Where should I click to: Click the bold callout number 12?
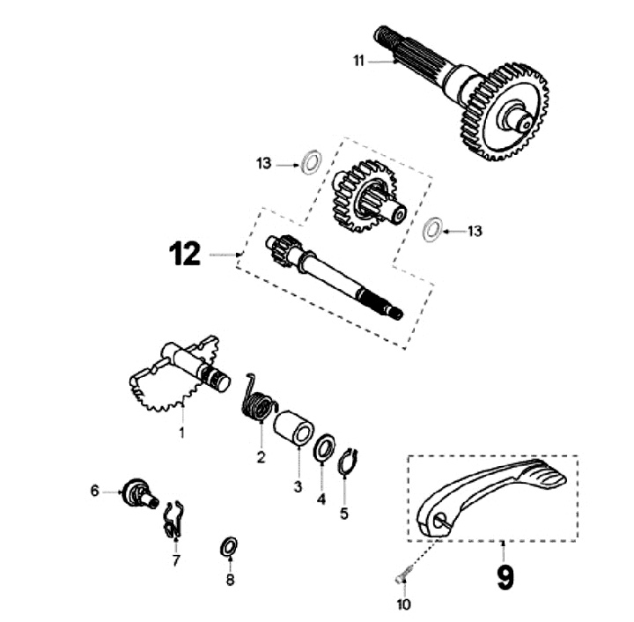pyautogui.click(x=186, y=255)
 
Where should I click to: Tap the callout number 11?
pyautogui.click(x=358, y=61)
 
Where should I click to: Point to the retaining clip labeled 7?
pyautogui.click(x=174, y=519)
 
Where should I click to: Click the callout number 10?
pyautogui.click(x=404, y=605)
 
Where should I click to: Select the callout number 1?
pyautogui.click(x=182, y=433)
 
